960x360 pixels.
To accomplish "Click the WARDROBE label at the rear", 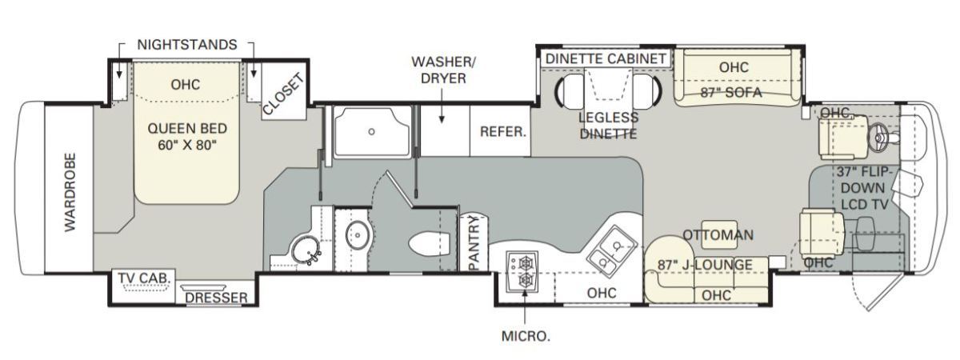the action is [x=70, y=192].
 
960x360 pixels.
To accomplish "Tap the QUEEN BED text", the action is [x=187, y=128].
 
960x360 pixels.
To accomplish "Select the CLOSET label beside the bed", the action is [x=283, y=94].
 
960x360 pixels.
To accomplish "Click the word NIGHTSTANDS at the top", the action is [x=187, y=45].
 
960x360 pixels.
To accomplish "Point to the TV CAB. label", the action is [x=145, y=278].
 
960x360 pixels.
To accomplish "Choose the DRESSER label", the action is [x=217, y=298].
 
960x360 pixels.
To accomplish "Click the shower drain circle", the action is [x=371, y=131].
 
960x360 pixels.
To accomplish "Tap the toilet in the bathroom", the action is [x=429, y=244].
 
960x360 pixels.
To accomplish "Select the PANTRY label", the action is [x=474, y=243].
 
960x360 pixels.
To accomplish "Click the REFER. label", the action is [x=502, y=131].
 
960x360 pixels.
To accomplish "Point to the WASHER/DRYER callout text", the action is [x=443, y=70].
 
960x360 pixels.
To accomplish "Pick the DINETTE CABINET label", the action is [x=606, y=58].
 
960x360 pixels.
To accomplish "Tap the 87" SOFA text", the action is [x=731, y=92].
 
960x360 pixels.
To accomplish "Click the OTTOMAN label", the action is [x=718, y=235].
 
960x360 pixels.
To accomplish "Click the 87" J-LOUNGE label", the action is [x=705, y=265].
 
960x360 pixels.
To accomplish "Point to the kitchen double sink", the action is [x=612, y=252].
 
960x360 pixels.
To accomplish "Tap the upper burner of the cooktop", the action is [x=525, y=263].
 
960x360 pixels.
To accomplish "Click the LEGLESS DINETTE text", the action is [x=608, y=126].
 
